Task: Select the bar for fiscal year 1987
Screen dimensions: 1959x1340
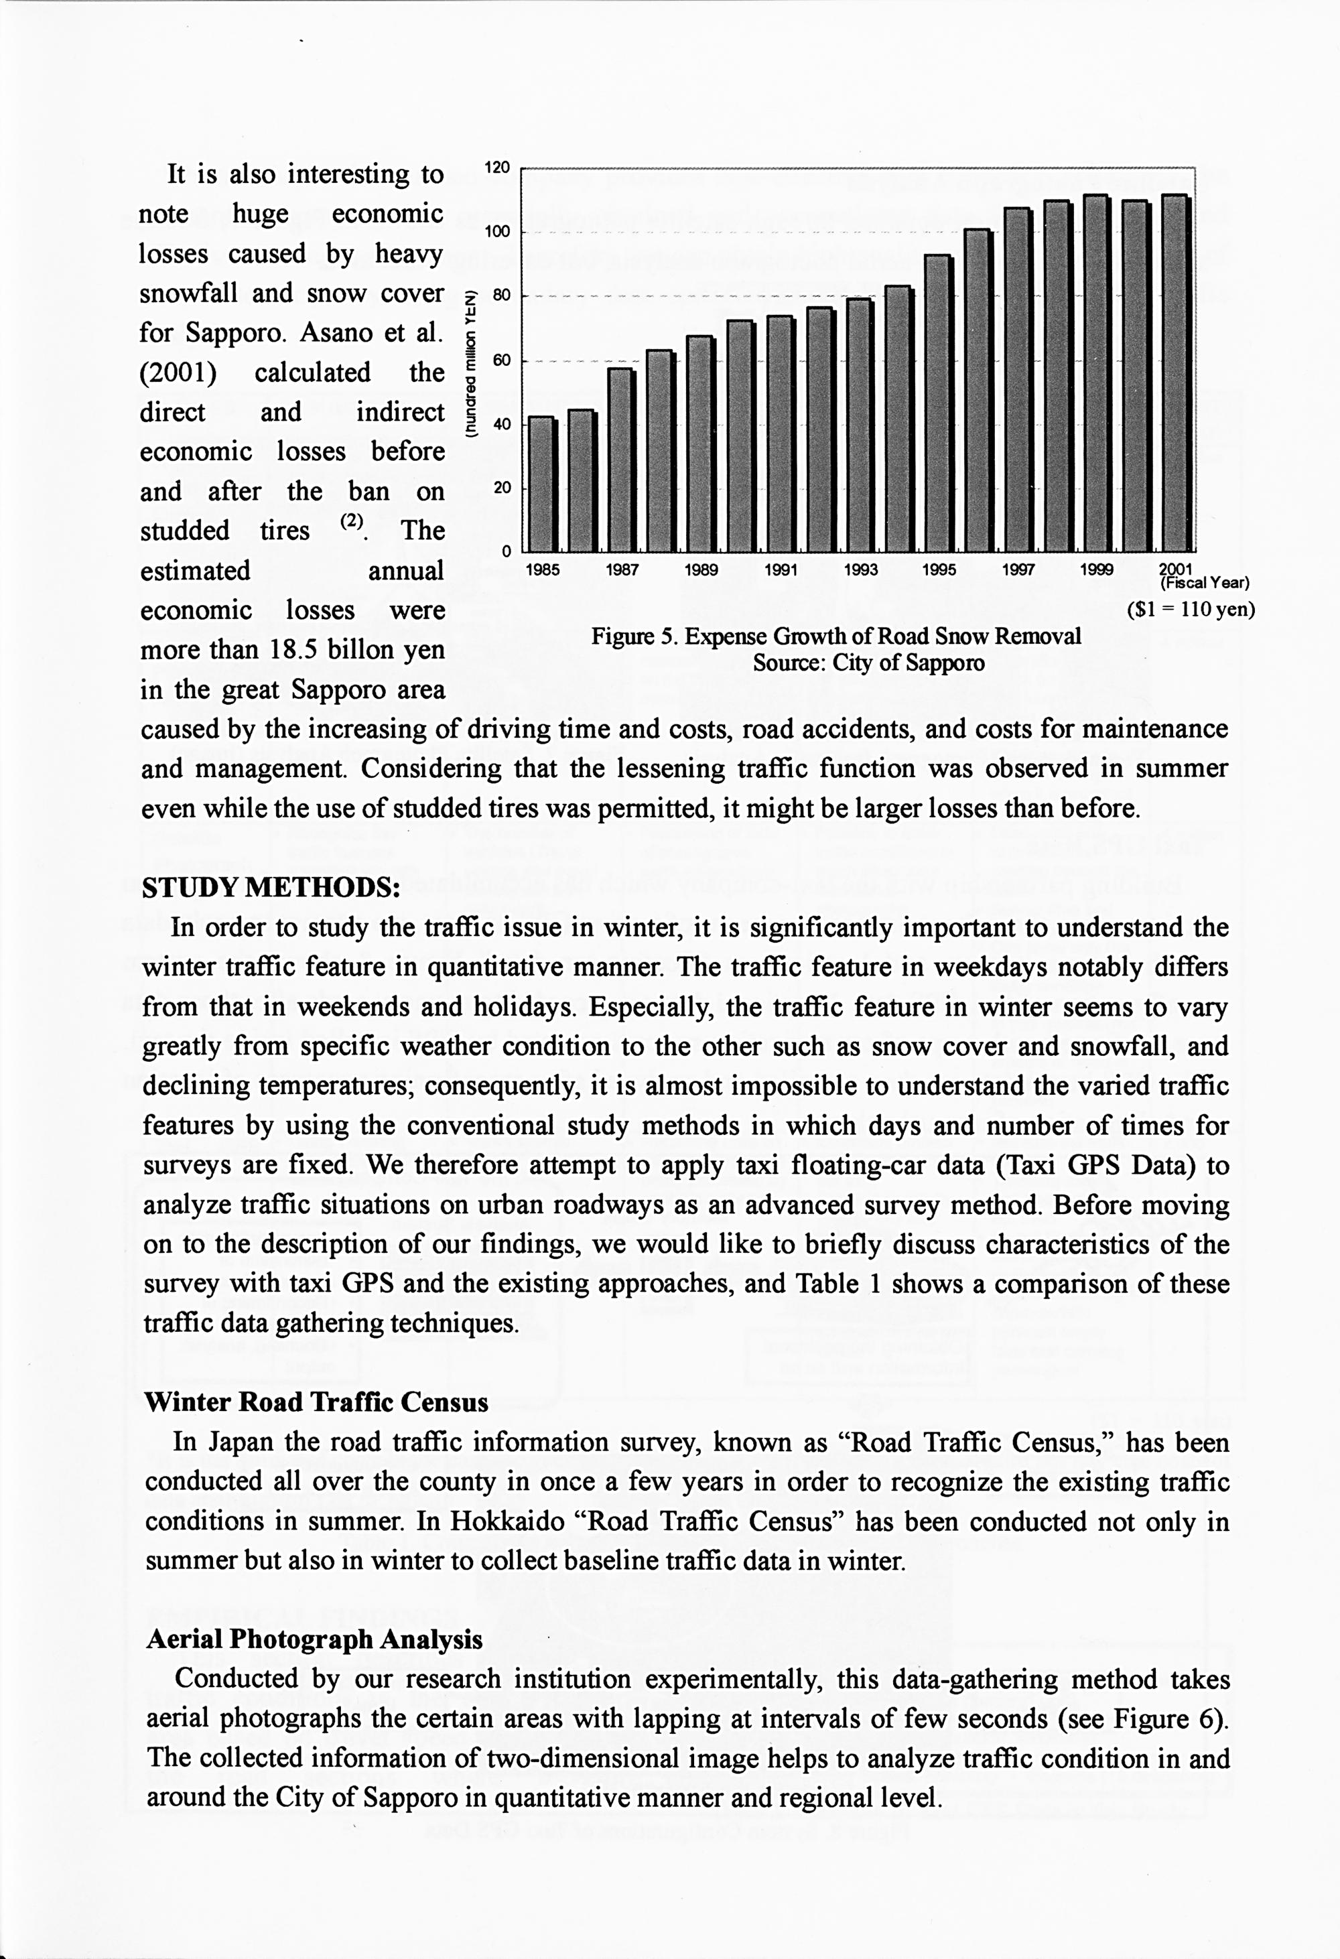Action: (x=621, y=460)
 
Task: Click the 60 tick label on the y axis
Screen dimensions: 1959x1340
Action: (x=501, y=360)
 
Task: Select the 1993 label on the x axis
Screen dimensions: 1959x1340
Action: (x=860, y=570)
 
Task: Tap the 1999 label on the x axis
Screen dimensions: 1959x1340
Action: (x=1096, y=570)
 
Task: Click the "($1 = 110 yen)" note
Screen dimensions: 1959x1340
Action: (x=1190, y=608)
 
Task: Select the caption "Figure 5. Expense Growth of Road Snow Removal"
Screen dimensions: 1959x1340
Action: (x=835, y=636)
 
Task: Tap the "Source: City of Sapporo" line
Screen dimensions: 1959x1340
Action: (x=868, y=663)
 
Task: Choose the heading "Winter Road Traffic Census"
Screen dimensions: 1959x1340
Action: (x=316, y=1402)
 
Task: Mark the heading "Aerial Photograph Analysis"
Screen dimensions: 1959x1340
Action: (x=314, y=1639)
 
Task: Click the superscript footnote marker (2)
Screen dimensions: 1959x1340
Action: (x=352, y=522)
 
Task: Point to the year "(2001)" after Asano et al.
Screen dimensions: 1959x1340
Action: (x=178, y=373)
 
